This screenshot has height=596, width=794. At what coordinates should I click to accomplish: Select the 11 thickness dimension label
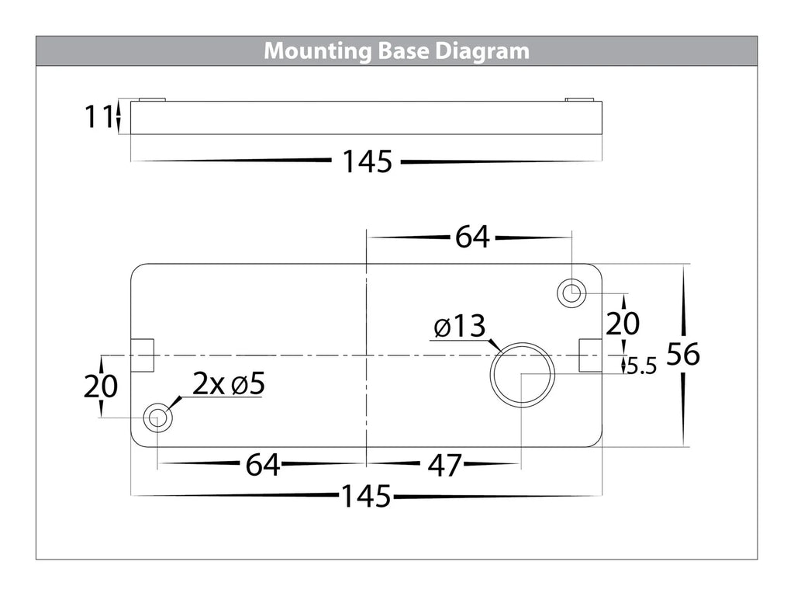click(x=98, y=117)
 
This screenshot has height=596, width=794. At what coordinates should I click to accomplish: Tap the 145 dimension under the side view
click(x=367, y=162)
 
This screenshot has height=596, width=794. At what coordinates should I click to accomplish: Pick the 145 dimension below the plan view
click(x=367, y=496)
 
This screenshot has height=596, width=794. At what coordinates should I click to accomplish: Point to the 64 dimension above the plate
click(x=472, y=237)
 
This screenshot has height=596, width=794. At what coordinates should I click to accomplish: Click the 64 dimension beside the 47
click(x=263, y=466)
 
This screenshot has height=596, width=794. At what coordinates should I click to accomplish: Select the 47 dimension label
click(x=444, y=466)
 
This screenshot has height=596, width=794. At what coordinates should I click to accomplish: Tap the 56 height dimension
click(x=683, y=355)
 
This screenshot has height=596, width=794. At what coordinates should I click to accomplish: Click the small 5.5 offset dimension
click(x=642, y=366)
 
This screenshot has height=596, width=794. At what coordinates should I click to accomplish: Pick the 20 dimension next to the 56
click(x=623, y=323)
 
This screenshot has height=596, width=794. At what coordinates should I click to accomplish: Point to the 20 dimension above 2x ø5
click(x=101, y=386)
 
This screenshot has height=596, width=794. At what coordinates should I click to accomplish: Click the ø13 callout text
click(x=459, y=327)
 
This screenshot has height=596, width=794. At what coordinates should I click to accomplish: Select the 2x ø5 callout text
click(x=229, y=383)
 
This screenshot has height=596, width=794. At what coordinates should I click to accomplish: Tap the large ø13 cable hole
click(x=522, y=372)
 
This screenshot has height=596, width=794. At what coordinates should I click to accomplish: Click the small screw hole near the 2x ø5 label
click(x=157, y=418)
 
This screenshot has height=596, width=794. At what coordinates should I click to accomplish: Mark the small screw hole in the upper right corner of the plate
click(x=571, y=293)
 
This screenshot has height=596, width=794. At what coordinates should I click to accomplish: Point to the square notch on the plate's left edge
click(x=143, y=355)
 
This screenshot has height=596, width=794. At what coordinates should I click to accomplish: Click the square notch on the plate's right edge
click(x=589, y=355)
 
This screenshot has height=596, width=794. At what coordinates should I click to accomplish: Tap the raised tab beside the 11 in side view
click(x=151, y=99)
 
